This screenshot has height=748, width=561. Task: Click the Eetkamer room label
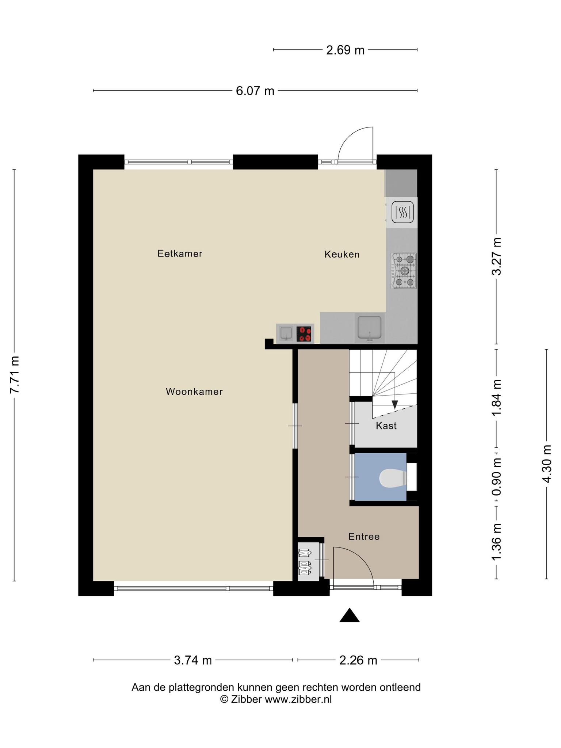pos(180,253)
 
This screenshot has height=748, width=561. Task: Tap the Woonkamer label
pos(194,392)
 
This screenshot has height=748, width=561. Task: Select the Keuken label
pos(342,255)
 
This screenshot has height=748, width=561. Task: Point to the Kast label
pos(386,425)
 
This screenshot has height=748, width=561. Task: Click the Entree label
pos(364,537)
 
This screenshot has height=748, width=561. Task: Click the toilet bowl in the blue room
pos(393,478)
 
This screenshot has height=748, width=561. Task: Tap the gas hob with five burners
pos(404,271)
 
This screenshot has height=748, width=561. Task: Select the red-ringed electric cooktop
pos(304,334)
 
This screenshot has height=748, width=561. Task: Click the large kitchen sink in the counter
pos(370,327)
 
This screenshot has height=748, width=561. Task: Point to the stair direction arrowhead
pos(394,405)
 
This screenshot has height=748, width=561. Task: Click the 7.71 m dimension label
pos(15,375)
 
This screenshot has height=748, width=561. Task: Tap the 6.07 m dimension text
pos(255,91)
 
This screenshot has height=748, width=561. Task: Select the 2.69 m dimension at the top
pos(345,50)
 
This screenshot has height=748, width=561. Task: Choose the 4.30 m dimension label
pos(547,463)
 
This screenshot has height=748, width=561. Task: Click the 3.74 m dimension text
pos(193,660)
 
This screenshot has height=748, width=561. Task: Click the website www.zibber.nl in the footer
pos(298,699)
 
